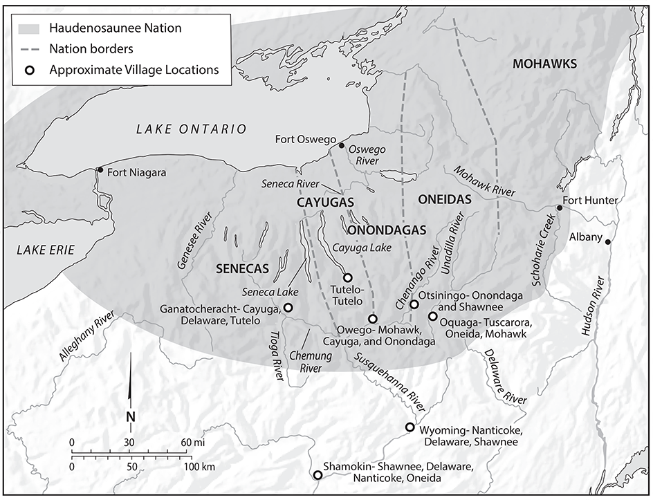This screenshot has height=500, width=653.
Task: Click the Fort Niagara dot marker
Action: [100, 170]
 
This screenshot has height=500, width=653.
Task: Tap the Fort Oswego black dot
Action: [340, 145]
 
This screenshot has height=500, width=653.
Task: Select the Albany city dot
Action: [607, 242]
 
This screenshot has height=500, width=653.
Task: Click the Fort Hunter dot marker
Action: [559, 207]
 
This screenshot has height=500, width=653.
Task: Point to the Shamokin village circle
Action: [318, 475]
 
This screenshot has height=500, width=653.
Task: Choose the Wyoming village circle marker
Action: [410, 427]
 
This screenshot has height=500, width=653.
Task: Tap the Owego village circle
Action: [372, 319]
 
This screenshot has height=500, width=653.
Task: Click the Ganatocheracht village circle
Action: [288, 308]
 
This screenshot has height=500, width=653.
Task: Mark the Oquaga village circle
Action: [432, 316]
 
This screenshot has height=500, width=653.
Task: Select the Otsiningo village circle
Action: [414, 304]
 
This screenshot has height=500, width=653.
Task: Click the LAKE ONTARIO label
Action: [191, 129]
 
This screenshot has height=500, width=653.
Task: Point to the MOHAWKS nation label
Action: [544, 64]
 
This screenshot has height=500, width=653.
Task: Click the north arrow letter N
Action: [130, 416]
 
